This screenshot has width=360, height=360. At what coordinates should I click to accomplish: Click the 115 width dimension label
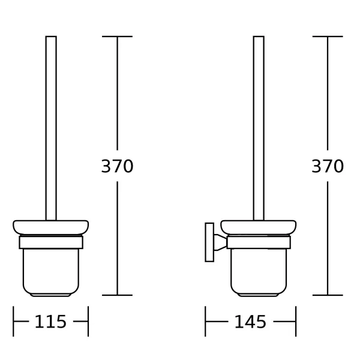point(50,322)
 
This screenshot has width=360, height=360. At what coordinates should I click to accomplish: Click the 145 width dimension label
point(250,322)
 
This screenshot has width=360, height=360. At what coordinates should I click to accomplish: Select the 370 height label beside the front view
point(117,166)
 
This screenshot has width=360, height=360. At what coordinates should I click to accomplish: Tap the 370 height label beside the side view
point(328,166)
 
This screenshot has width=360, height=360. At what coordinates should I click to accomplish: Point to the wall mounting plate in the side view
point(209,242)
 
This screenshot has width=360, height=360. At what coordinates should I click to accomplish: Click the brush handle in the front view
point(51,128)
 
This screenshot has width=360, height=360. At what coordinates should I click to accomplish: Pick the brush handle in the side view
point(259,128)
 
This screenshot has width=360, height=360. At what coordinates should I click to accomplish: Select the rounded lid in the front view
point(51,227)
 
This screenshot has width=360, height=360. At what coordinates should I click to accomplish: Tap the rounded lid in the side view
point(259,227)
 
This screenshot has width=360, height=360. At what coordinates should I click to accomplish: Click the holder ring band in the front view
point(51,242)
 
